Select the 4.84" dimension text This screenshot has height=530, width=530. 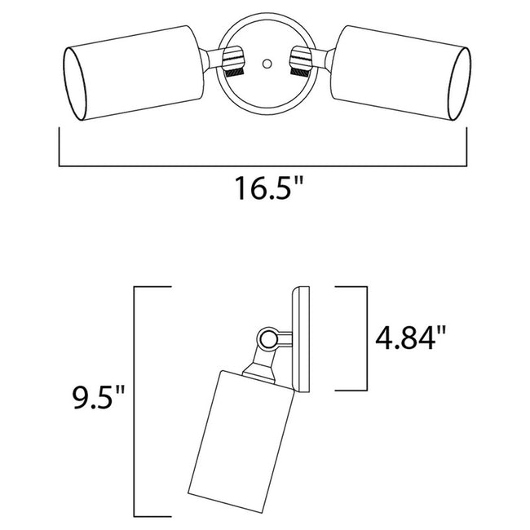[x=413, y=336]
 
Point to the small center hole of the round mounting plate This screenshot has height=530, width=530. [x=265, y=62]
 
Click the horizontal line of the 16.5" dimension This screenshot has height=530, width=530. [x=266, y=164]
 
